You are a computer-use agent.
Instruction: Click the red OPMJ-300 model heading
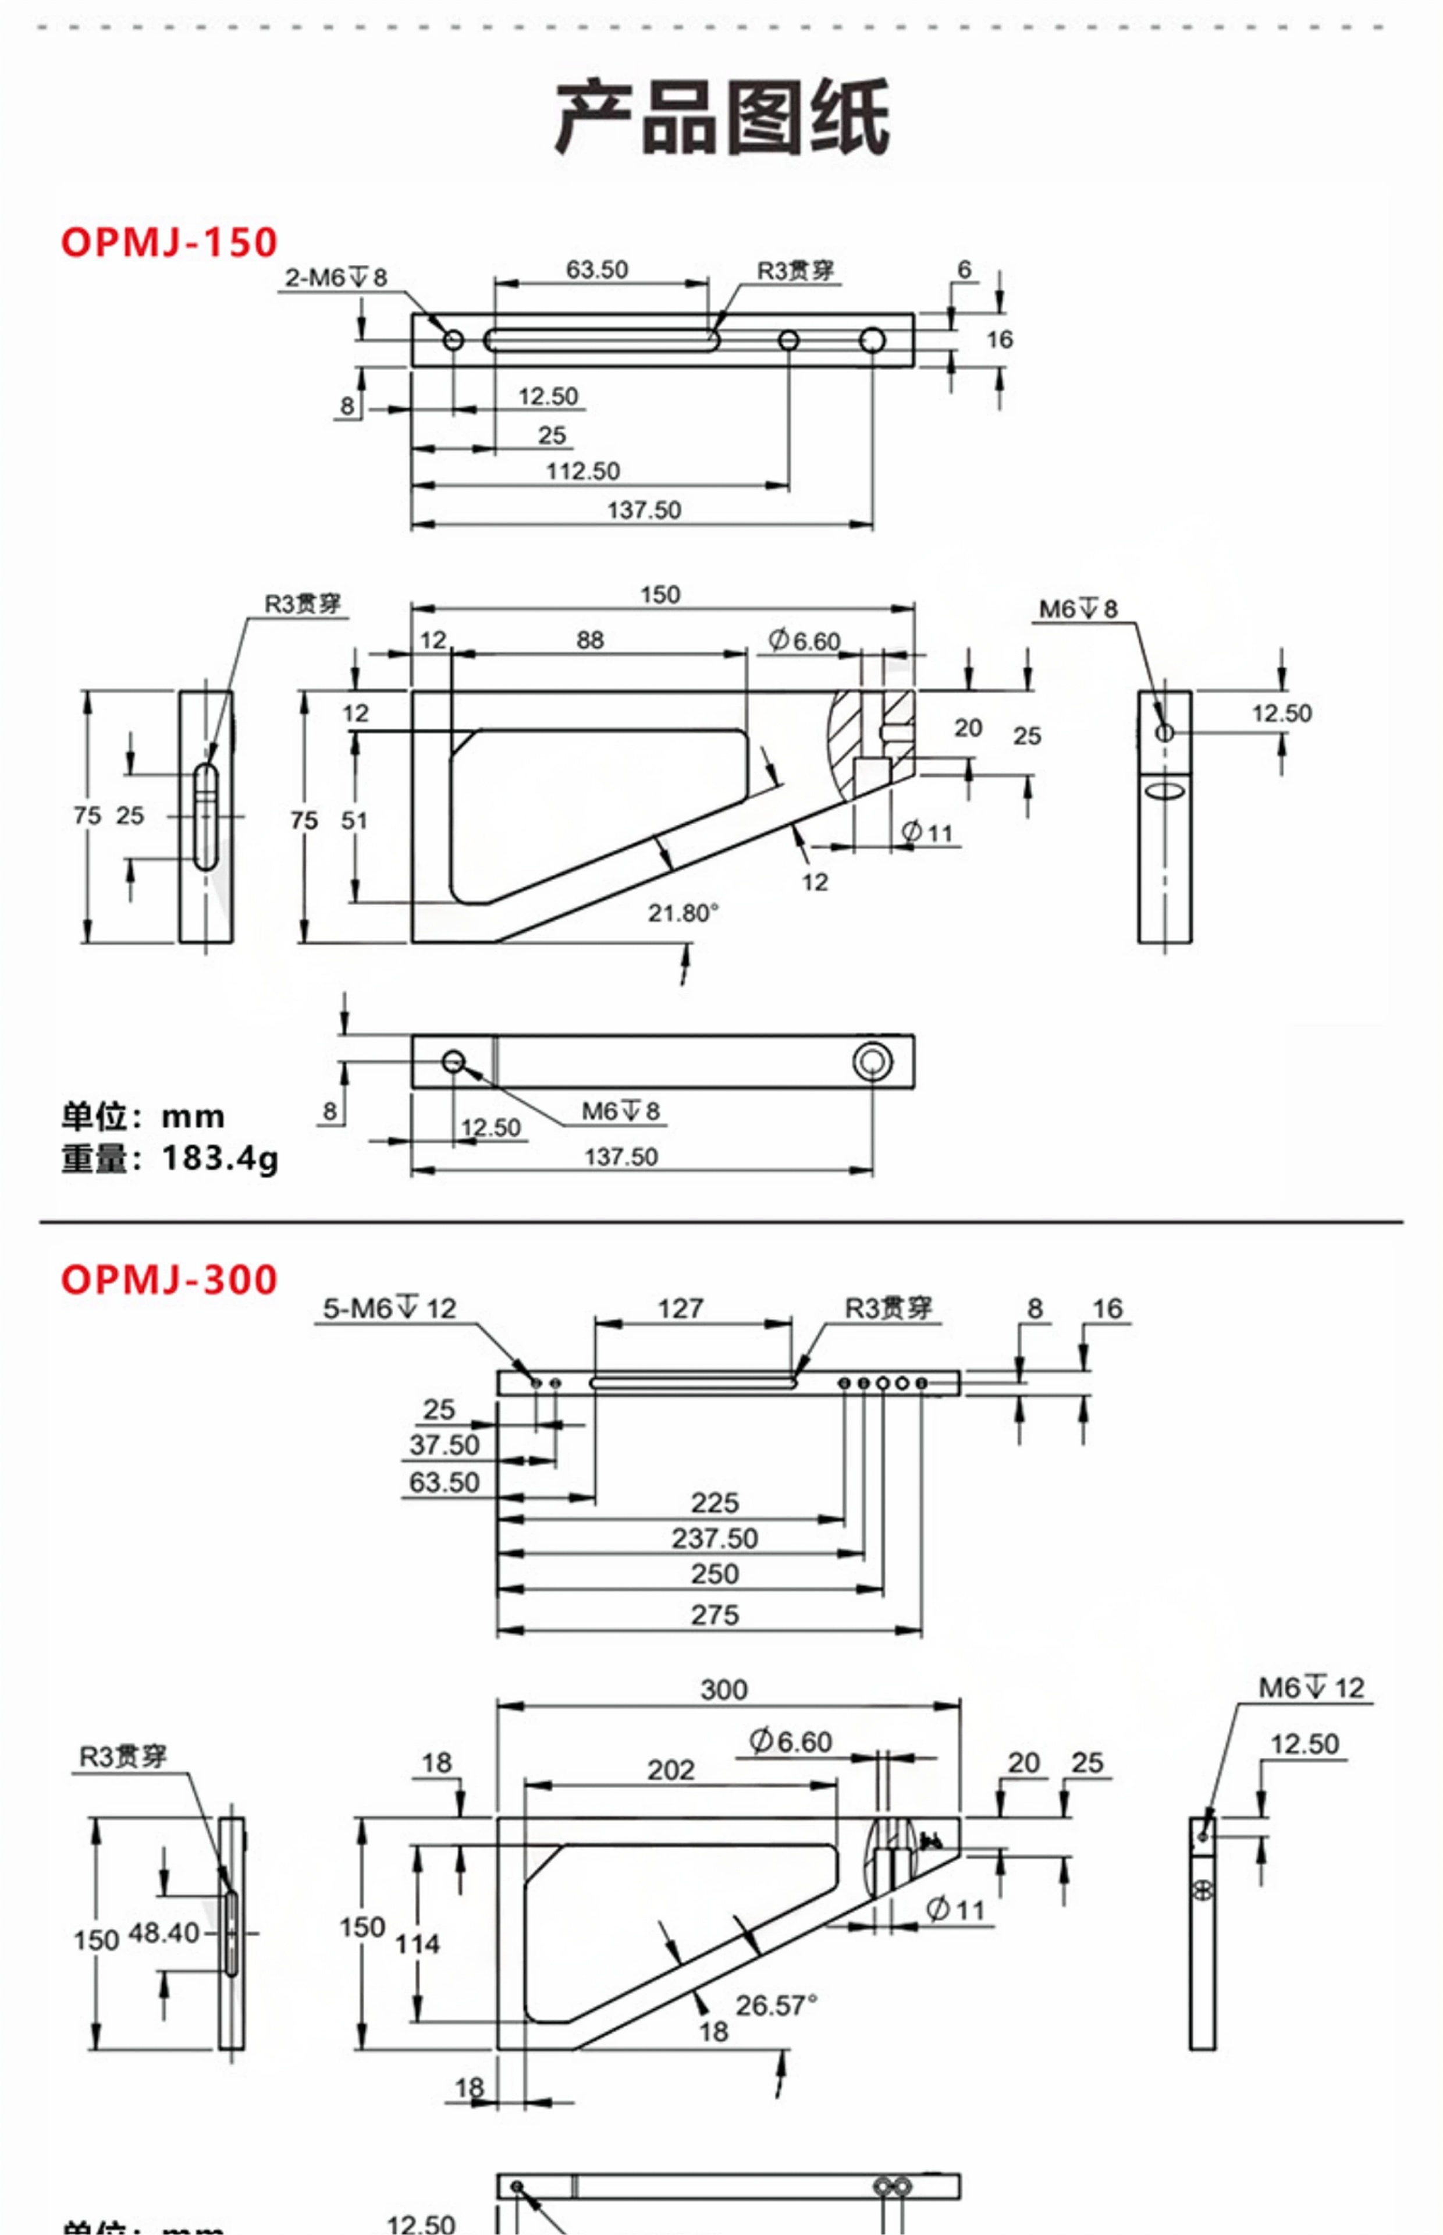click(x=169, y=1279)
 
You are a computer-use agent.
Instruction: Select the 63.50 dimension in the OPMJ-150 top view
click(x=597, y=270)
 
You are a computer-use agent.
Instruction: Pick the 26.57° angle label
click(x=776, y=2006)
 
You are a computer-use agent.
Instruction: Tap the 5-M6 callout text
click(x=389, y=1308)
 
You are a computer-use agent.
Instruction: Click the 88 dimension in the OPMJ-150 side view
click(x=591, y=640)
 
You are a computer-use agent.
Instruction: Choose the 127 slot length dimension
click(x=680, y=1308)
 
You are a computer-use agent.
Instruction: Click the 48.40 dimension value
click(x=164, y=1934)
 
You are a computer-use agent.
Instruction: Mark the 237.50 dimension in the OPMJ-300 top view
click(x=715, y=1539)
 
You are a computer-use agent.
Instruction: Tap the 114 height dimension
click(x=417, y=1945)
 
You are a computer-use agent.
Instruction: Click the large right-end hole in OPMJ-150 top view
click(x=872, y=340)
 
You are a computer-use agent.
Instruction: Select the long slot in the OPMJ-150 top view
click(x=602, y=340)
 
